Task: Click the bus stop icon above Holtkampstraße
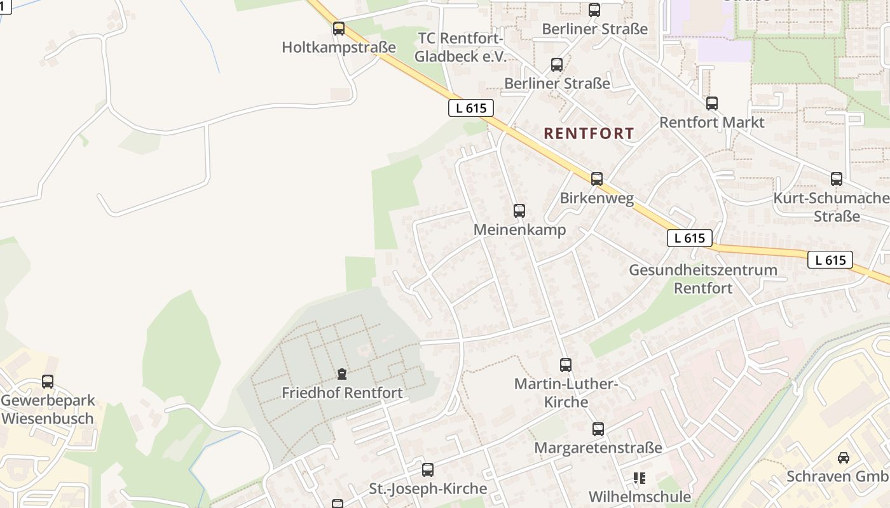(339, 29)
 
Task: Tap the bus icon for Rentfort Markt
(712, 103)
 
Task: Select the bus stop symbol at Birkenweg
(596, 179)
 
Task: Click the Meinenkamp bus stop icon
(519, 211)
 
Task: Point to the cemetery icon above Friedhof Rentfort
(342, 373)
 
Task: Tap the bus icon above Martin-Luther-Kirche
(566, 364)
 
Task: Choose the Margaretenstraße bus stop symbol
(598, 429)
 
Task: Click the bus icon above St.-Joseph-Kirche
(428, 470)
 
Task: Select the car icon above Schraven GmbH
(843, 457)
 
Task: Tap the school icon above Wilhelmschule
(640, 478)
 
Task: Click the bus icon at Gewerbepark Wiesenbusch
(48, 382)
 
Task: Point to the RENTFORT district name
(589, 133)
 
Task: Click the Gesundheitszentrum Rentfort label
(703, 279)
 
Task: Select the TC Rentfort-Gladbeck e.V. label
(460, 47)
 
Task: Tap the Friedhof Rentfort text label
(342, 393)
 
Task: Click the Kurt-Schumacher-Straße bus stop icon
(837, 179)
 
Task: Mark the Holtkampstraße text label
(339, 48)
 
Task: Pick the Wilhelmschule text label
(640, 497)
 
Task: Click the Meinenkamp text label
(519, 230)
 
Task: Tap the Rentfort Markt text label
(712, 122)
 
